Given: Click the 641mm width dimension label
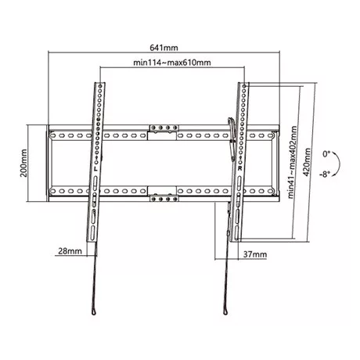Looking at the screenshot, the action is coord(164,48).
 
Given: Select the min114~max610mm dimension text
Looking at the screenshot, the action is coord(172,63).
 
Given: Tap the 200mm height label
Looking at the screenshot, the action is coord(23,163).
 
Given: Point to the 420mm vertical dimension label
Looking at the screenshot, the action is coord(307,162).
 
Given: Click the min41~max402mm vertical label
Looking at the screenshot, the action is coord(293,162).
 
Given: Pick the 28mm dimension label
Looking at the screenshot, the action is coord(70,251).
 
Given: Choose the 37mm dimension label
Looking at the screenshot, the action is coord(255,254).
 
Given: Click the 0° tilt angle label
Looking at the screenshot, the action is coord(326,154).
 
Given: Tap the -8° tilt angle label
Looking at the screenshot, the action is coord(325,174).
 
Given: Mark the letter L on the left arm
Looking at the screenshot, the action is coord(95,169).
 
